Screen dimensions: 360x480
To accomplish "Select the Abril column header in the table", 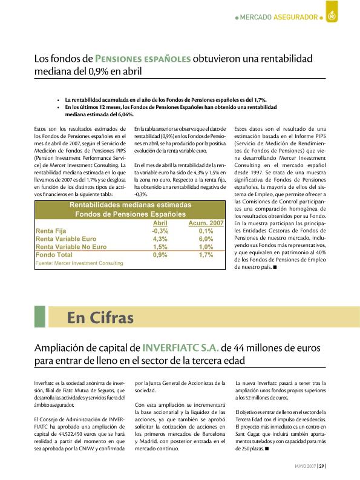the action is click(x=160, y=223).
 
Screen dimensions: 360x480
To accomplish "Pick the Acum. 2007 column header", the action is click(x=206, y=223).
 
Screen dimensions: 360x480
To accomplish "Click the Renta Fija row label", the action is click(x=53, y=231).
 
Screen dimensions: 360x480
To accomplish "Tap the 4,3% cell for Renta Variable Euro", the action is click(x=160, y=239).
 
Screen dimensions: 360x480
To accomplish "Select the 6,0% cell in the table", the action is click(x=206, y=239).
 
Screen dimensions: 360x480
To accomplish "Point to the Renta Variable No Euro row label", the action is click(x=71, y=247).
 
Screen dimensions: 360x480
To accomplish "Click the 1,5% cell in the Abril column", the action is click(x=160, y=247).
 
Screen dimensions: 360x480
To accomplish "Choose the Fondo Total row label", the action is click(x=54, y=255).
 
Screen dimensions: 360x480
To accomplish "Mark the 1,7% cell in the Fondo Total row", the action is click(x=206, y=255).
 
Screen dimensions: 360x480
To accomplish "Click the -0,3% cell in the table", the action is click(x=160, y=231).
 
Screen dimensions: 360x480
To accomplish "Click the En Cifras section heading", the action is click(x=100, y=317).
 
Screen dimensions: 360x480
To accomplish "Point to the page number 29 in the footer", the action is click(x=322, y=465).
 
